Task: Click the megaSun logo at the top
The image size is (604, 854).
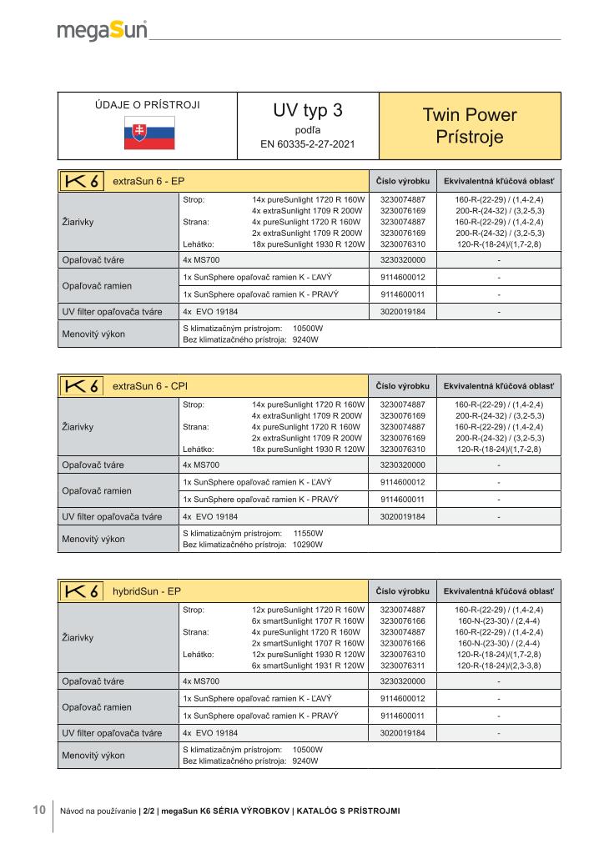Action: [102, 31]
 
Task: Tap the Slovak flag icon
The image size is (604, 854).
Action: [149, 133]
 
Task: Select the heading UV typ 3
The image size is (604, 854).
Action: [307, 111]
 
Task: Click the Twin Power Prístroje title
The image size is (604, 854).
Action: [470, 126]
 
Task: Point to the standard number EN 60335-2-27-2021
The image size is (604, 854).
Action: [307, 144]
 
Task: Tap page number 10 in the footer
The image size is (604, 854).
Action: [39, 810]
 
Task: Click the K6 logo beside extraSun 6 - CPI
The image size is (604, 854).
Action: [82, 387]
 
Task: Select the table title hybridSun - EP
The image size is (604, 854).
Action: [147, 591]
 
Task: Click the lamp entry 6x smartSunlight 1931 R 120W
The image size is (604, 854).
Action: [308, 666]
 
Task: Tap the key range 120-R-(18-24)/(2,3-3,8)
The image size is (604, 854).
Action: [499, 666]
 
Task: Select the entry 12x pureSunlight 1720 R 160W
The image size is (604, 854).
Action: [308, 610]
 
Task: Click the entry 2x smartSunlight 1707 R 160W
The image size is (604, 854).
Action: [308, 644]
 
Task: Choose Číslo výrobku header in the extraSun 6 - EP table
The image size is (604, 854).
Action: [403, 182]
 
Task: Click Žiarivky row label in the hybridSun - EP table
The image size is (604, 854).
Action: [78, 638]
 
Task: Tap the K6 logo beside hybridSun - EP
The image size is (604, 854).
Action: [82, 591]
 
